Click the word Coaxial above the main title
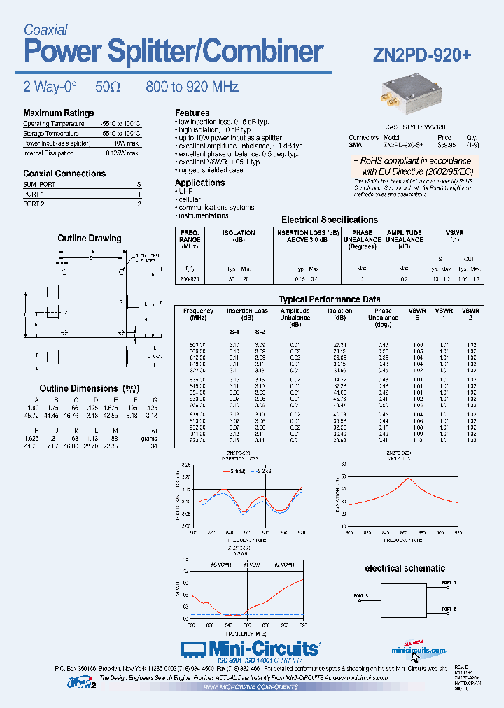[x=45, y=29]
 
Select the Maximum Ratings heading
[x=58, y=113]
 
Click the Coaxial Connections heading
[x=64, y=173]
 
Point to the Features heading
[x=192, y=113]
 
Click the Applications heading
[x=199, y=183]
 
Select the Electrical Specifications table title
[x=329, y=220]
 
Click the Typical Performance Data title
[x=329, y=299]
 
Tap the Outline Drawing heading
[x=89, y=239]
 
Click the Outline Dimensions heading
[x=78, y=388]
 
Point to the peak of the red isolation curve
[x=409, y=479]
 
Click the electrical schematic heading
[x=405, y=568]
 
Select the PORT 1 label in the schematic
[x=449, y=583]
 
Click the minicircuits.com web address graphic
[x=418, y=650]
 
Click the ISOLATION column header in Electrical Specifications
[x=239, y=236]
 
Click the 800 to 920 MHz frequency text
[x=192, y=87]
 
